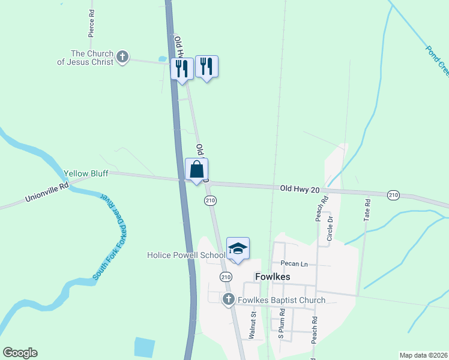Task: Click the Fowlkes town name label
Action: click(272, 277)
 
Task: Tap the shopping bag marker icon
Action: click(196, 170)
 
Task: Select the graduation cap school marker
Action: click(238, 249)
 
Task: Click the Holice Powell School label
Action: click(186, 255)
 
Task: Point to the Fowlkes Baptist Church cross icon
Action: click(228, 299)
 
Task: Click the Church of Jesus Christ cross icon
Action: click(122, 57)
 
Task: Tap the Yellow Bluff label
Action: click(86, 175)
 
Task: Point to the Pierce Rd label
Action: click(91, 23)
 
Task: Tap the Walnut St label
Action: click(253, 322)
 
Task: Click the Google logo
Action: click(20, 353)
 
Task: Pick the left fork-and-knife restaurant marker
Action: click(182, 68)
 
